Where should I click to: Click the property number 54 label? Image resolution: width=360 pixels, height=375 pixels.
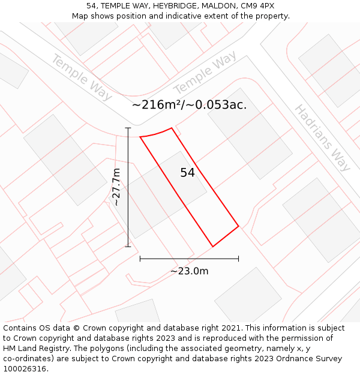188,173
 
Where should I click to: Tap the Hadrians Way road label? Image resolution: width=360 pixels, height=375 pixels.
322,138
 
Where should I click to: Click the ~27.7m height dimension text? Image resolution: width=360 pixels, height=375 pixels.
116,187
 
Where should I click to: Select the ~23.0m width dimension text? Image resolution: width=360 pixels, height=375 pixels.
190,271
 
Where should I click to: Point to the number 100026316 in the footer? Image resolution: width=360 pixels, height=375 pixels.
25,369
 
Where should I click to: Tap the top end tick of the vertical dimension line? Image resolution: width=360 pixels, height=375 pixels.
128,128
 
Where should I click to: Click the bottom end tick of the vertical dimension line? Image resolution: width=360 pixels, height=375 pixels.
128,247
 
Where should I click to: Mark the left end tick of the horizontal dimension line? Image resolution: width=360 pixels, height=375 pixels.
140,259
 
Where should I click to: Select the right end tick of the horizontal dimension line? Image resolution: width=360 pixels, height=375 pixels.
239,259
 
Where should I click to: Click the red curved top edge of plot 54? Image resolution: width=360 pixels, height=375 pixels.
156,133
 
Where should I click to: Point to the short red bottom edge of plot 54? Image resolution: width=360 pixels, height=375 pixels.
226,236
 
